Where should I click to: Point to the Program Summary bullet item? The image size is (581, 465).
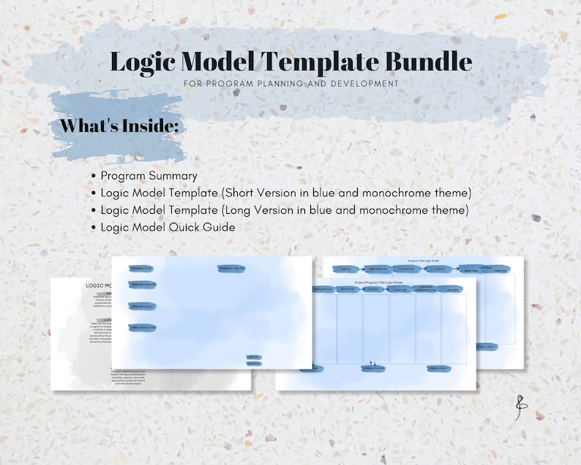point(149,176)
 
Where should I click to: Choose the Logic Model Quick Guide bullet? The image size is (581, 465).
point(168,227)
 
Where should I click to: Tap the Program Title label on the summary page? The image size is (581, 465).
point(140,269)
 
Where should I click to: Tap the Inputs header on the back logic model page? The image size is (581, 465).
point(345,269)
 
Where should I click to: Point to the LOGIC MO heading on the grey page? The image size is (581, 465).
point(98,286)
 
